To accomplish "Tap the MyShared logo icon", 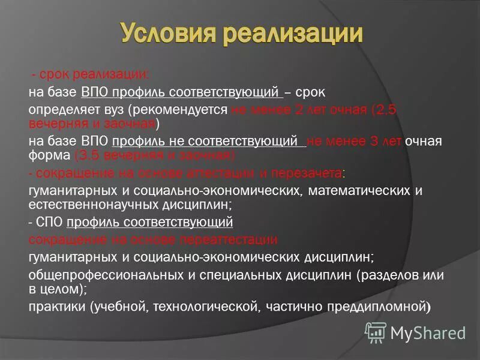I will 376,332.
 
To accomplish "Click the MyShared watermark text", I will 428,332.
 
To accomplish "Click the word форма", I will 49,155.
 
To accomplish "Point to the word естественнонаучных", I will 85,204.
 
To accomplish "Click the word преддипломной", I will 376,307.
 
